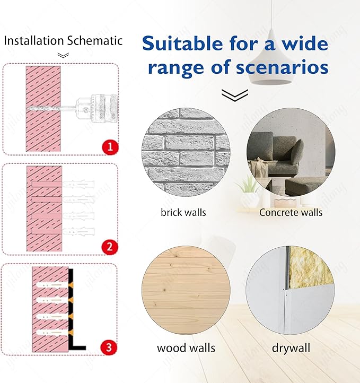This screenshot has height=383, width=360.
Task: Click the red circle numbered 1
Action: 110,147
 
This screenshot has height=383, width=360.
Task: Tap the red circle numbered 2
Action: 110,247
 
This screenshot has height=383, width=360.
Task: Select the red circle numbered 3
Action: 109,347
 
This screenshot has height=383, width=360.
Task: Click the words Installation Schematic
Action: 63,41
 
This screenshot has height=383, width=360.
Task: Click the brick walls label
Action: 183,213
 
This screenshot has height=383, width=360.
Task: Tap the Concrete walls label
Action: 291,213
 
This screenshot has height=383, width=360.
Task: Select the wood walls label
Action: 186,348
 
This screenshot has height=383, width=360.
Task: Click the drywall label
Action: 291,349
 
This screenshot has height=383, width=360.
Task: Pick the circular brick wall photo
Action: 186,152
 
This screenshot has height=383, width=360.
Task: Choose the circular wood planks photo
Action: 186,290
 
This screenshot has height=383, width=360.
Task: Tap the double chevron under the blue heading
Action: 235,95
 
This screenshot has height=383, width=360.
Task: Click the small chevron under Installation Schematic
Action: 63,56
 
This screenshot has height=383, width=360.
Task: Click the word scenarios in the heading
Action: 282,67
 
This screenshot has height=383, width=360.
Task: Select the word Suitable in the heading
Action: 182,43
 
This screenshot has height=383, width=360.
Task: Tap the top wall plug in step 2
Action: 78,184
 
